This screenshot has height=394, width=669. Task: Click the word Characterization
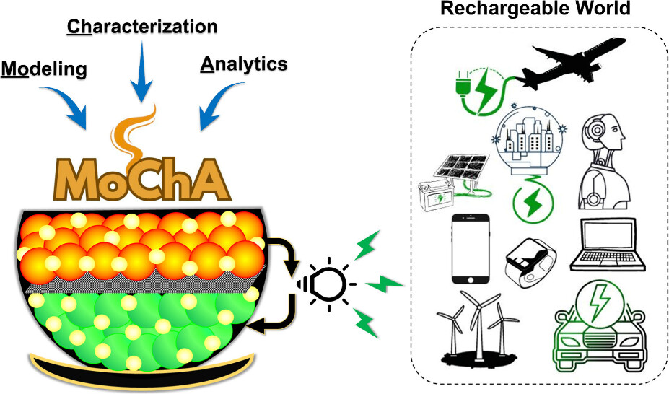click(x=141, y=27)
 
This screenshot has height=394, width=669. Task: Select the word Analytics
click(x=242, y=64)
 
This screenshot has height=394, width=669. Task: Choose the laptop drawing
click(x=605, y=245)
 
